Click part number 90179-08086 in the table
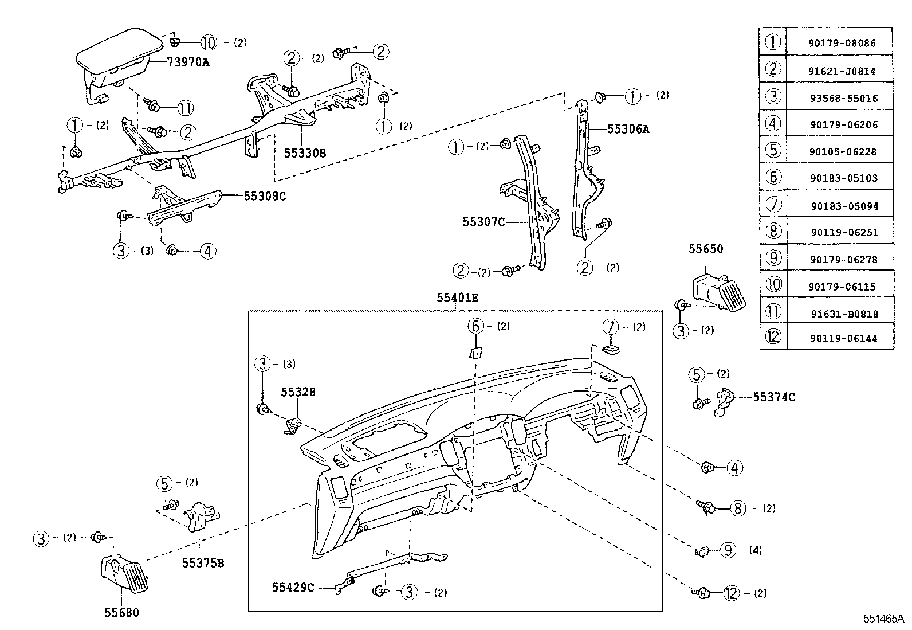pyautogui.click(x=843, y=43)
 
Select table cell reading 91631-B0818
pyautogui.click(x=844, y=314)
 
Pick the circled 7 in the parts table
pyautogui.click(x=773, y=205)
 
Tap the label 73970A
pyautogui.click(x=188, y=62)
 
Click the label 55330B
pyautogui.click(x=305, y=153)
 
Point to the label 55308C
pyautogui.click(x=264, y=196)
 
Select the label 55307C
pyautogui.click(x=483, y=221)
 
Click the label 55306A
pyautogui.click(x=628, y=130)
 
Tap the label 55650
pyautogui.click(x=705, y=249)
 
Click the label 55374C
pyautogui.click(x=773, y=397)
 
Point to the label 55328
pyautogui.click(x=297, y=392)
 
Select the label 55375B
pyautogui.click(x=203, y=563)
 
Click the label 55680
pyautogui.click(x=121, y=613)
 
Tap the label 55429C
pyautogui.click(x=293, y=587)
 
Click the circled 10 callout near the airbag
pyautogui.click(x=209, y=42)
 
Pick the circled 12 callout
pyautogui.click(x=731, y=593)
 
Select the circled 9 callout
pyautogui.click(x=727, y=550)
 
